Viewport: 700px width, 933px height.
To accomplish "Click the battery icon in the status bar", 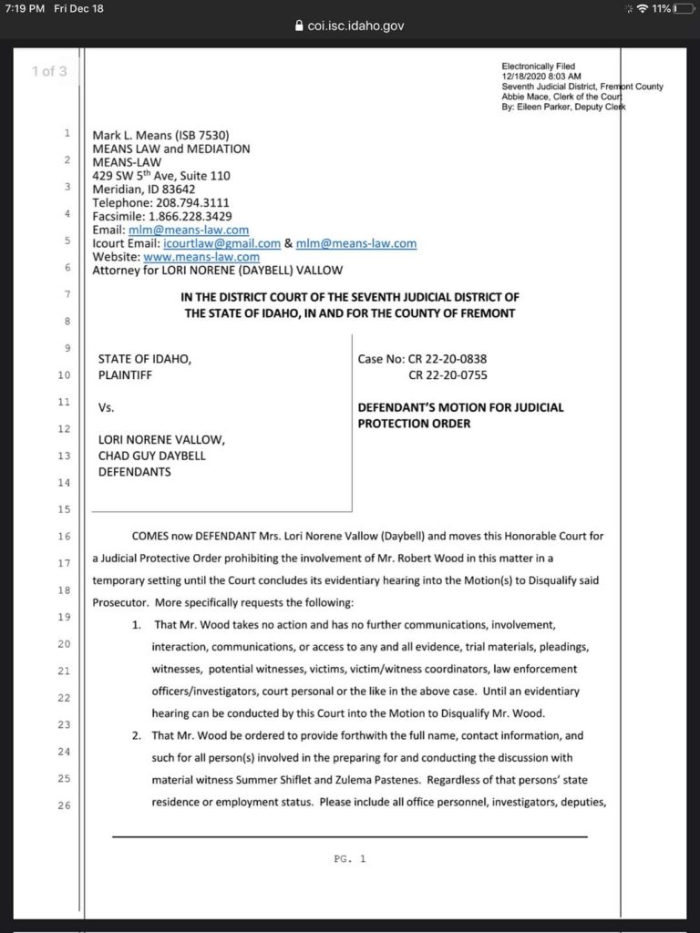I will coord(685,8).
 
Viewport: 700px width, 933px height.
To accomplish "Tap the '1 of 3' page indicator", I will coord(49,71).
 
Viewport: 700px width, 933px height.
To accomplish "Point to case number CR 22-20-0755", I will coord(448,374).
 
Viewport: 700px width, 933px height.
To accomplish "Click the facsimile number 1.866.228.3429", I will coord(190,216).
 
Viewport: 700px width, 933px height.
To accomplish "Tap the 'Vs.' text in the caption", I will coord(106,407).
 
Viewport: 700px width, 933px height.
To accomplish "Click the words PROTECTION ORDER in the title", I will coord(414,423).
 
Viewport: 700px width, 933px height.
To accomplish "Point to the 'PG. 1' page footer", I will coord(350,858).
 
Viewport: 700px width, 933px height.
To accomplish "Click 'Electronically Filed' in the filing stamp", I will coord(539,67).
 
